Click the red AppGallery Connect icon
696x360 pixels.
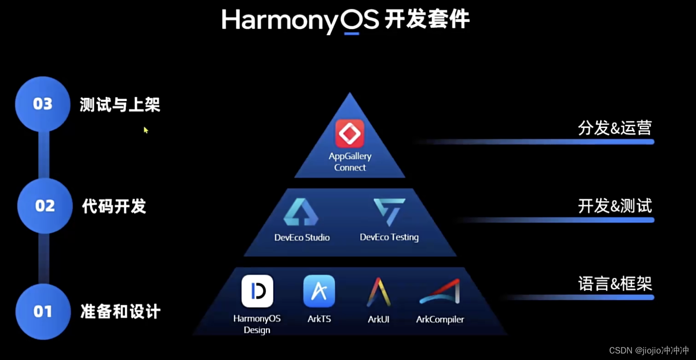coord(349,134)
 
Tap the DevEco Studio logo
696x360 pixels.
coord(301,212)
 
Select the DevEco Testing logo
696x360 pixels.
coord(390,212)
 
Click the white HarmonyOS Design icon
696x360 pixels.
coord(257,291)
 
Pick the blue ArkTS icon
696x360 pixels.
coord(319,291)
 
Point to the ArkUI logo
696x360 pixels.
coord(378,292)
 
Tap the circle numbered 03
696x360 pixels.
coord(42,104)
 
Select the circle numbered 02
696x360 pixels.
coord(45,206)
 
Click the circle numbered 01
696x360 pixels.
coord(43,311)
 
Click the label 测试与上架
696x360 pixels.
coord(120,105)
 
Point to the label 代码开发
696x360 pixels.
coord(114,206)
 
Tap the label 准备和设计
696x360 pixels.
coord(120,311)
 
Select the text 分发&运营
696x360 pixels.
coord(615,128)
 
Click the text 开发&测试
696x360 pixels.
coord(615,206)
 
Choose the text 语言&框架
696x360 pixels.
coord(615,283)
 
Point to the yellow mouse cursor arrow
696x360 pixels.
coord(146,130)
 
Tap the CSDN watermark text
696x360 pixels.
coord(649,350)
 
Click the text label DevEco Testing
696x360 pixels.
coord(389,237)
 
